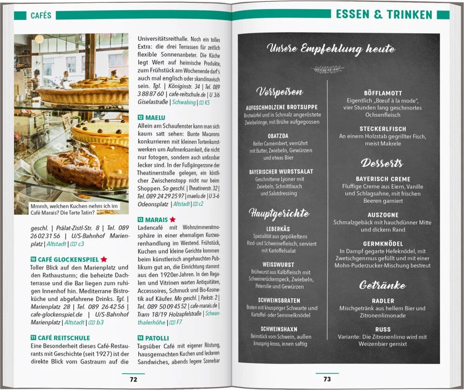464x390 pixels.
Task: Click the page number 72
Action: (133, 379)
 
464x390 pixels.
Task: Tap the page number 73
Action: (327, 379)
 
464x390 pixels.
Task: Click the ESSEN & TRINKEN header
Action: (384, 15)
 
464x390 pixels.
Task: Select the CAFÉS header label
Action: (41, 16)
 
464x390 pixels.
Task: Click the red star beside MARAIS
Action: (173, 219)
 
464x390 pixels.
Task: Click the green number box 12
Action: (141, 118)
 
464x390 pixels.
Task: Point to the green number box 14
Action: (141, 338)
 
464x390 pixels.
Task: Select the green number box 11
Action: (33, 338)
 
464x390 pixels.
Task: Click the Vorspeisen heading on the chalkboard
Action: (279, 92)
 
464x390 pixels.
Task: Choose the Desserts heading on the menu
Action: (382, 163)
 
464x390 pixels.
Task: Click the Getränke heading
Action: (382, 285)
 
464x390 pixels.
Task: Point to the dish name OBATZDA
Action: (278, 136)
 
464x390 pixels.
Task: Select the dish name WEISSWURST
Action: (279, 265)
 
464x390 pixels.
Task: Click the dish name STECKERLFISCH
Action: (383, 129)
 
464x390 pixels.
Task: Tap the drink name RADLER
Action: (383, 301)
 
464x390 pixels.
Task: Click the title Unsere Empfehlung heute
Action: (331, 49)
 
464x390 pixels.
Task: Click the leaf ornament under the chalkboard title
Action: (328, 69)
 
